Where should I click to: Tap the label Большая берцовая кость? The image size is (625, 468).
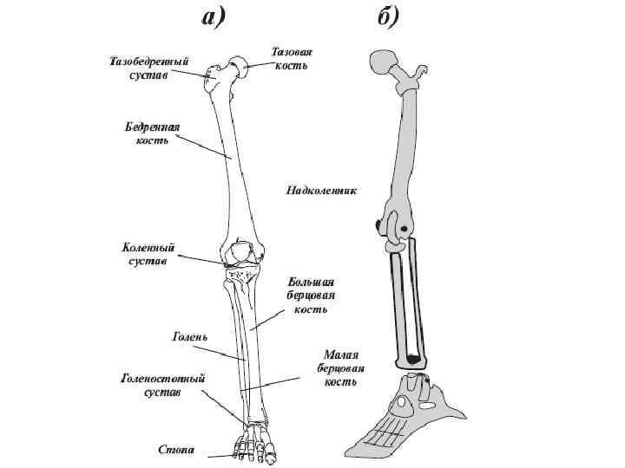(x=310, y=296)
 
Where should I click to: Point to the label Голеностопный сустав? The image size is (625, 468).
(x=162, y=386)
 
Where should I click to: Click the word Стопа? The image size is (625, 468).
(x=175, y=450)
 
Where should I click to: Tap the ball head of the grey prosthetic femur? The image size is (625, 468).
(x=381, y=62)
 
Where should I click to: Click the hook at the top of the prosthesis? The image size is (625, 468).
(x=424, y=70)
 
